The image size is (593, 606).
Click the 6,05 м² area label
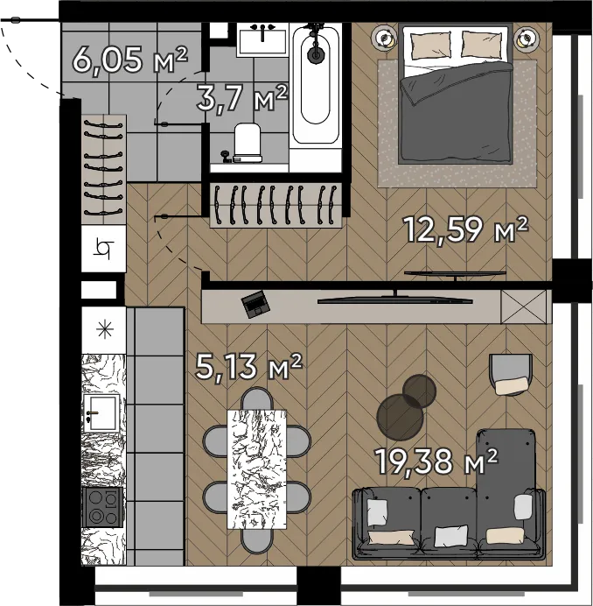pyautogui.click(x=130, y=60)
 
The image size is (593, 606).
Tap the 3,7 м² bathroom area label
pyautogui.click(x=242, y=98)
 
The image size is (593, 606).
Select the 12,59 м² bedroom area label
pyautogui.click(x=465, y=229)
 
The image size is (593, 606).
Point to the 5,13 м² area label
pyautogui.click(x=248, y=366)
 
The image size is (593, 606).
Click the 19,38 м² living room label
pyautogui.click(x=436, y=461)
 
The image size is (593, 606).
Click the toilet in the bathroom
pyautogui.click(x=248, y=143)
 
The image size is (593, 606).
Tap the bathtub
pyautogui.click(x=317, y=83)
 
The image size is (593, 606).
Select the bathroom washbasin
pyautogui.click(x=262, y=39)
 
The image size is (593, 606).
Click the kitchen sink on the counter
pyautogui.click(x=101, y=413)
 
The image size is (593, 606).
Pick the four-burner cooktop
pyautogui.click(x=102, y=507)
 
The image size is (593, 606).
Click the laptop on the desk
pyautogui.click(x=255, y=304)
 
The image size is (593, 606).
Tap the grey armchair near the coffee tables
pyautogui.click(x=511, y=375)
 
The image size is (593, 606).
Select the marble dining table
pyautogui.click(x=257, y=469)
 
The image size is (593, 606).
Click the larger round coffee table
pyautogui.click(x=400, y=418)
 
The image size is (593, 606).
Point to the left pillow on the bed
pyautogui.click(x=430, y=45)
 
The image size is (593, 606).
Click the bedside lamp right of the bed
pyautogui.click(x=525, y=38)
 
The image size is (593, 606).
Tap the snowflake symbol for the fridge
pyautogui.click(x=105, y=329)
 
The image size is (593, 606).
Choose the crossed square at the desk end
pyautogui.click(x=524, y=307)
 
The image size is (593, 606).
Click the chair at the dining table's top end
pyautogui.click(x=257, y=398)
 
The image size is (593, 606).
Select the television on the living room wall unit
pyautogui.click(x=394, y=299)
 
